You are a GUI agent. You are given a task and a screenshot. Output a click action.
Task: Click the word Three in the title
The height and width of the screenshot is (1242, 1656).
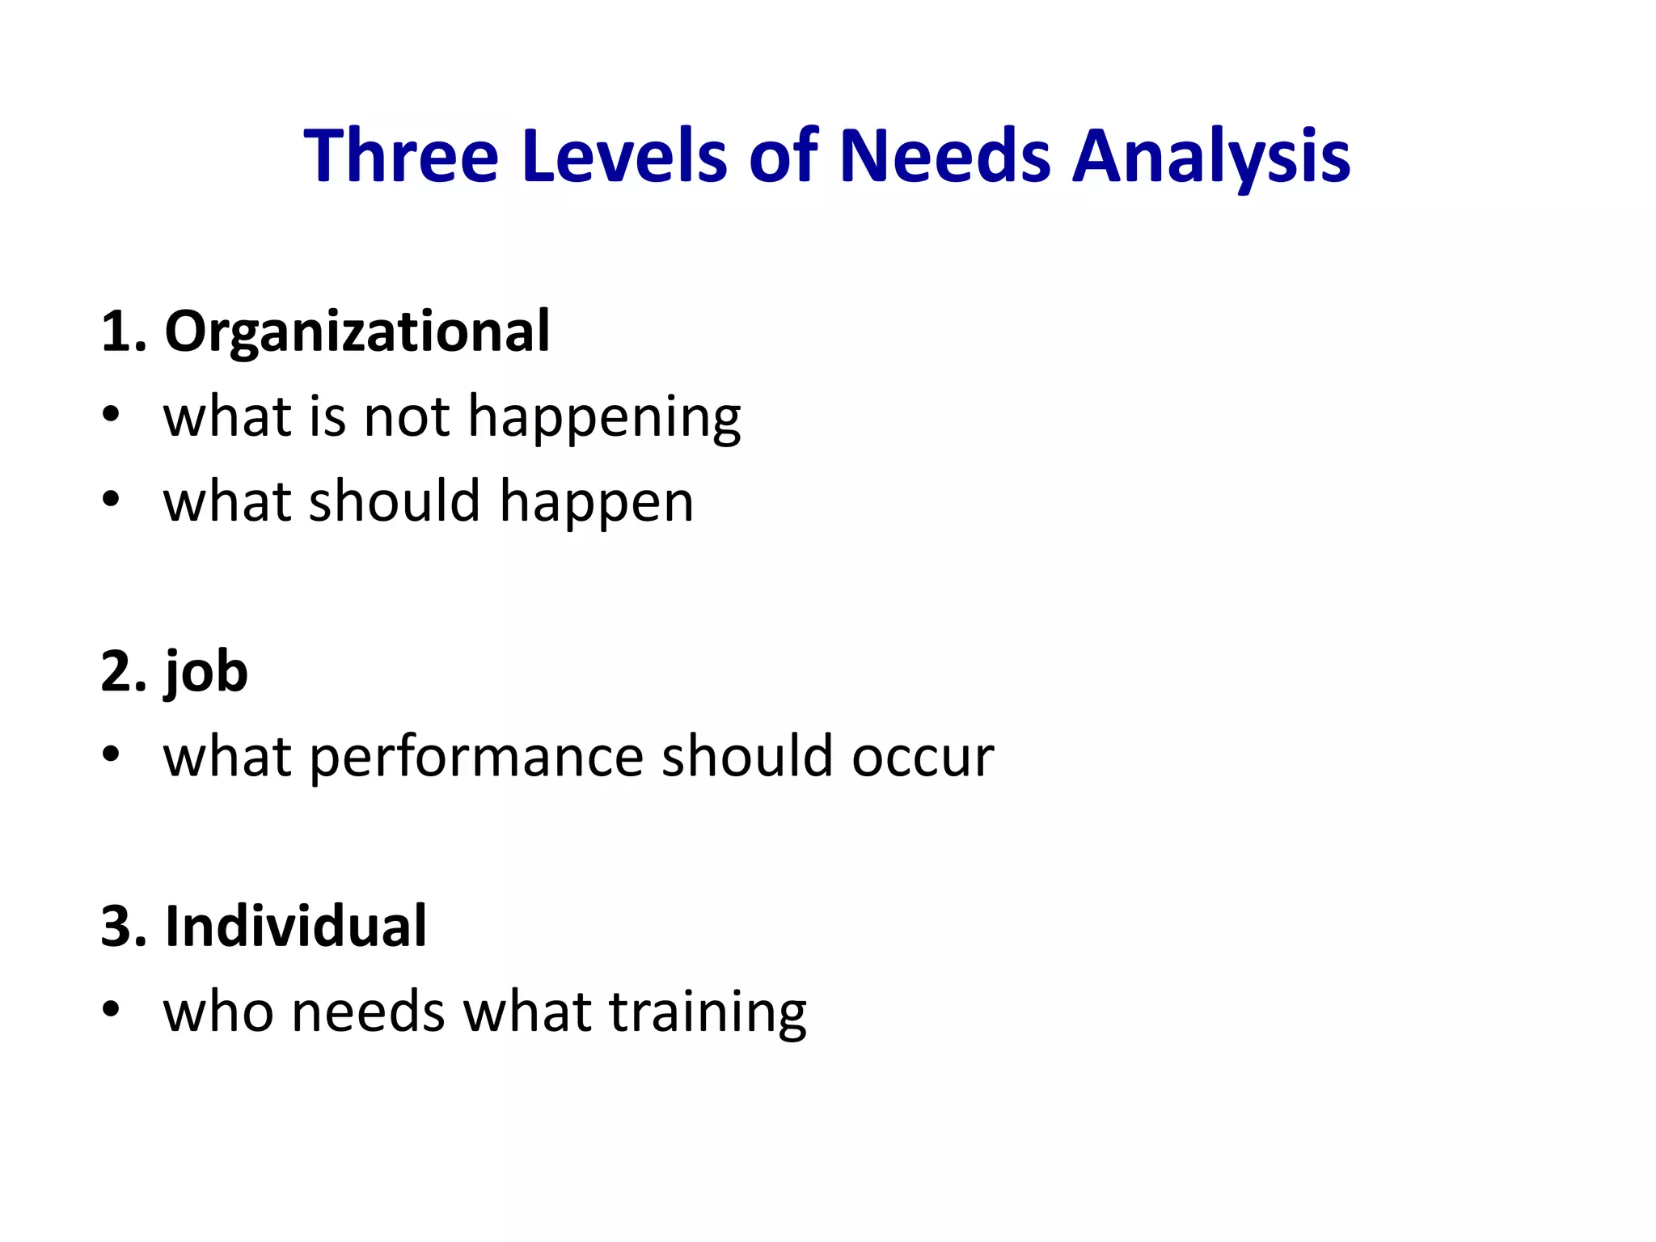click(401, 155)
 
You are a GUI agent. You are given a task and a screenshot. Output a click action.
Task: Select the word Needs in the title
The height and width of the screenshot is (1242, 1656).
click(945, 155)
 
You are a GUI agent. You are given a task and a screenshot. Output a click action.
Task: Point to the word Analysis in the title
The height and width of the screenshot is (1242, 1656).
click(1210, 157)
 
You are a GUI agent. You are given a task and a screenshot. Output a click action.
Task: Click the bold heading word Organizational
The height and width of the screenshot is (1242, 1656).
click(357, 332)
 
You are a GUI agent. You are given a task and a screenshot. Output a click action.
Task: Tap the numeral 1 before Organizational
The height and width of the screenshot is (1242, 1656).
click(116, 332)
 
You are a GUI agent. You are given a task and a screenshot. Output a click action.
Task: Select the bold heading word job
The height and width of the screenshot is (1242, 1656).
click(206, 673)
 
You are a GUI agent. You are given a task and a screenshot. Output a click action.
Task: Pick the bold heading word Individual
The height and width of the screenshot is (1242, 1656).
click(295, 927)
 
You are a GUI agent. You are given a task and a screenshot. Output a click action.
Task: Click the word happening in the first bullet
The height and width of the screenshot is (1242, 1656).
click(604, 419)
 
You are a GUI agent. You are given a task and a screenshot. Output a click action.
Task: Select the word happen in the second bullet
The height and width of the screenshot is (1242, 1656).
click(596, 504)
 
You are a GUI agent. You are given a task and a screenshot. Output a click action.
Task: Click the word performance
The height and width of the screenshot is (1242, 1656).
click(476, 758)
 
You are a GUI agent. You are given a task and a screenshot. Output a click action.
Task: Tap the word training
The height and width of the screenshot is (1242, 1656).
click(708, 1014)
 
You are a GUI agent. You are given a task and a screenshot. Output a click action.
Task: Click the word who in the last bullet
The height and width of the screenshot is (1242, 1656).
click(218, 1012)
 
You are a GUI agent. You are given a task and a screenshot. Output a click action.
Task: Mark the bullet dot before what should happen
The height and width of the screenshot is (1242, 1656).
click(112, 499)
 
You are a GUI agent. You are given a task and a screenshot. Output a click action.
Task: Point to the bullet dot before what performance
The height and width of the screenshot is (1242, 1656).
click(112, 754)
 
